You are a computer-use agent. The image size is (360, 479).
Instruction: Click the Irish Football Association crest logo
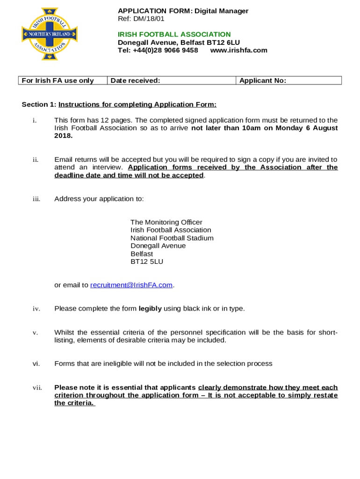(x=49, y=34)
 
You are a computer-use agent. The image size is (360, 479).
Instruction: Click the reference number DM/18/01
(x=149, y=19)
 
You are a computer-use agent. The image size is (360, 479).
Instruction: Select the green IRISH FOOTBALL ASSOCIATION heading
(x=174, y=34)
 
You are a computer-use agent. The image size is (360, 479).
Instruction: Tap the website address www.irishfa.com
(x=238, y=50)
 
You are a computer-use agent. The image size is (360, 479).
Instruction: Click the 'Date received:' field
(x=172, y=80)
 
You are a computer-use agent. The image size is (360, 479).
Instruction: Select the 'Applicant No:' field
(x=288, y=80)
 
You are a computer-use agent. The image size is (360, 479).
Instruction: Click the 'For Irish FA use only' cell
(x=63, y=80)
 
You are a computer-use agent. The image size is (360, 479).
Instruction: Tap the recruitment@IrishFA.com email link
(x=131, y=285)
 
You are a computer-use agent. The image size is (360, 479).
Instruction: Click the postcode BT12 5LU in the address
(x=147, y=261)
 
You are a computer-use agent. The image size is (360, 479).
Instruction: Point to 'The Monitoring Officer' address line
(x=166, y=222)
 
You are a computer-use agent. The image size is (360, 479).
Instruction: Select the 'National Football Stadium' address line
(x=172, y=238)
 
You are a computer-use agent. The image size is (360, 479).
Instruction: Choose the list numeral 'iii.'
(x=36, y=199)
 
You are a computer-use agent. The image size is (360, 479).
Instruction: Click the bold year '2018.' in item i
(x=64, y=136)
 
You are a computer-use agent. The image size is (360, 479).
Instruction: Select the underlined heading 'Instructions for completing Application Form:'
(x=137, y=104)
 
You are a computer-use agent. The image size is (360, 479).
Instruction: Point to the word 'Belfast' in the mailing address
(x=142, y=254)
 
